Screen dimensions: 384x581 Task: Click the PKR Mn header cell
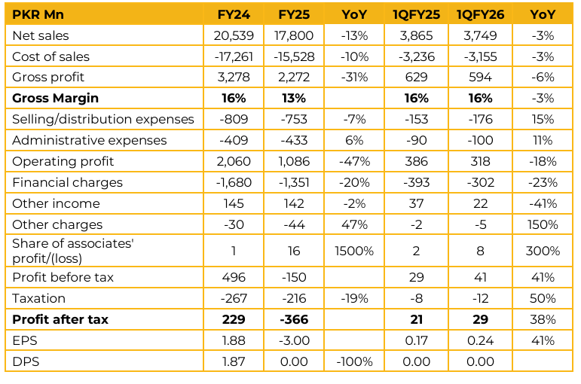[x=37, y=15]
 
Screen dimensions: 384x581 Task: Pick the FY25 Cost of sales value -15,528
[x=295, y=56]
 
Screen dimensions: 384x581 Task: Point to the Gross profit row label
[x=48, y=78]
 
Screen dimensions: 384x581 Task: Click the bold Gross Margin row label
[x=55, y=99]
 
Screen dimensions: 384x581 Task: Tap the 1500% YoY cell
[x=353, y=251]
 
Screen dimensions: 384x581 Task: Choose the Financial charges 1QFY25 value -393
[x=417, y=182]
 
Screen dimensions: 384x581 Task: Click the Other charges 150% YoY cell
[x=543, y=224]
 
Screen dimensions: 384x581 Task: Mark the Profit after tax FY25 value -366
[x=295, y=319]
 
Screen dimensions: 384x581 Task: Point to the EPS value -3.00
[x=295, y=340]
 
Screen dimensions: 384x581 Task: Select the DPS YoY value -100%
[x=353, y=361]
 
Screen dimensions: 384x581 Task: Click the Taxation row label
[x=38, y=298]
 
